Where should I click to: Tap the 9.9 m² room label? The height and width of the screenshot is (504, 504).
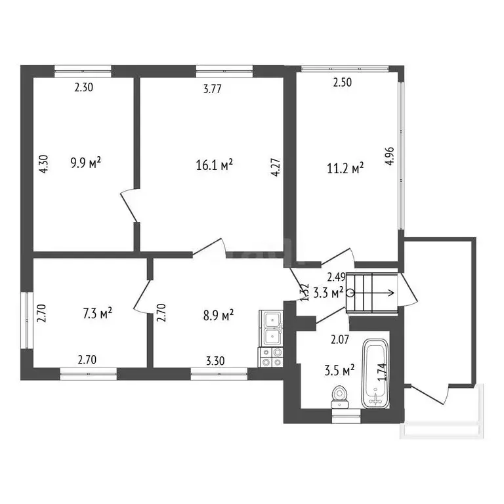[x=85, y=161]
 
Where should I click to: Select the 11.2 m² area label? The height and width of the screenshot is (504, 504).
[x=349, y=169]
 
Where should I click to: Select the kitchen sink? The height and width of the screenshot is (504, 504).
[x=271, y=327]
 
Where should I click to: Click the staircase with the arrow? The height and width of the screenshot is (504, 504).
[x=371, y=293]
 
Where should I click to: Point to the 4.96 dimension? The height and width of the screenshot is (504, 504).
[x=390, y=160]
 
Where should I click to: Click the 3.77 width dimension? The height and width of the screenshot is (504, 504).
[x=211, y=90]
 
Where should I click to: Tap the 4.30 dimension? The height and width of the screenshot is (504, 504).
[x=44, y=163]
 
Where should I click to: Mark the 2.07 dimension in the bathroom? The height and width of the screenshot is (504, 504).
[x=339, y=339]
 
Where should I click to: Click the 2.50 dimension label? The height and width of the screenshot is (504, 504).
[x=342, y=83]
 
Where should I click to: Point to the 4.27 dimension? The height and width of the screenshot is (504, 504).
[x=278, y=163]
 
